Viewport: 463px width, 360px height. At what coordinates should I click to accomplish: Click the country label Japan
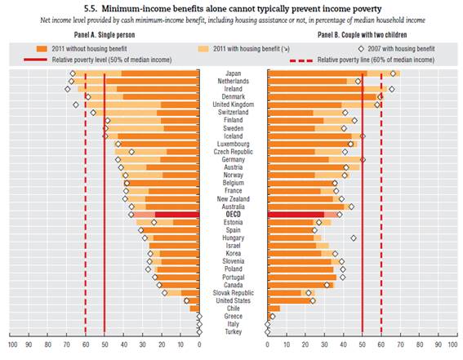click(x=234, y=73)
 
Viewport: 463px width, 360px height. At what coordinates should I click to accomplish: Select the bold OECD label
click(x=234, y=215)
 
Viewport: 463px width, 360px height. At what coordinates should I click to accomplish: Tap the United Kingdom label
click(x=234, y=104)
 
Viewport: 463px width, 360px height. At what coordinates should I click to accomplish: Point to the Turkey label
click(x=234, y=331)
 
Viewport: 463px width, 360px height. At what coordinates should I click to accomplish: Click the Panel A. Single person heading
click(x=105, y=35)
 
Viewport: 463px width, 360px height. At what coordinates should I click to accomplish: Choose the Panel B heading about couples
click(x=363, y=35)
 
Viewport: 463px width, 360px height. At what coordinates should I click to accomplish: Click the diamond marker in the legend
click(x=361, y=49)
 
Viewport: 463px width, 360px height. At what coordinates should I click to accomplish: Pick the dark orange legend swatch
click(x=42, y=49)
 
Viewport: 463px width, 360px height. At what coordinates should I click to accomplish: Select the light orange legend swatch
click(x=203, y=49)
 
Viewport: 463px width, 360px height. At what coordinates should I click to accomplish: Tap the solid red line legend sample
click(x=35, y=60)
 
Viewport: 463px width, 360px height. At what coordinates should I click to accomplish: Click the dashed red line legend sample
click(x=301, y=60)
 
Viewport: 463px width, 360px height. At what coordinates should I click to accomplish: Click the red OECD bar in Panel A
click(x=177, y=215)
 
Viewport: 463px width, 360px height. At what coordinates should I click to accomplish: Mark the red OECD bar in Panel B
click(x=296, y=215)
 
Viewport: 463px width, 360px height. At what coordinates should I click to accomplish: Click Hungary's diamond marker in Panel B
click(x=354, y=238)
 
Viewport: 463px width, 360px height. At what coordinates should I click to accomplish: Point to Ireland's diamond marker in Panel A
click(x=68, y=89)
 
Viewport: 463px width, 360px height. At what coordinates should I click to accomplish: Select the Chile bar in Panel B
click(x=274, y=309)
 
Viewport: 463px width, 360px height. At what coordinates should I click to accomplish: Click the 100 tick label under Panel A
click(x=12, y=344)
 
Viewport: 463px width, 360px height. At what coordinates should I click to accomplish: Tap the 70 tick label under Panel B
click(x=400, y=344)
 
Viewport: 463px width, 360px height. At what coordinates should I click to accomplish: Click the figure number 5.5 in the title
click(x=91, y=9)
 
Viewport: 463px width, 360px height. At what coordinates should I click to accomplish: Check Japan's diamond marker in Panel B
click(x=393, y=73)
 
